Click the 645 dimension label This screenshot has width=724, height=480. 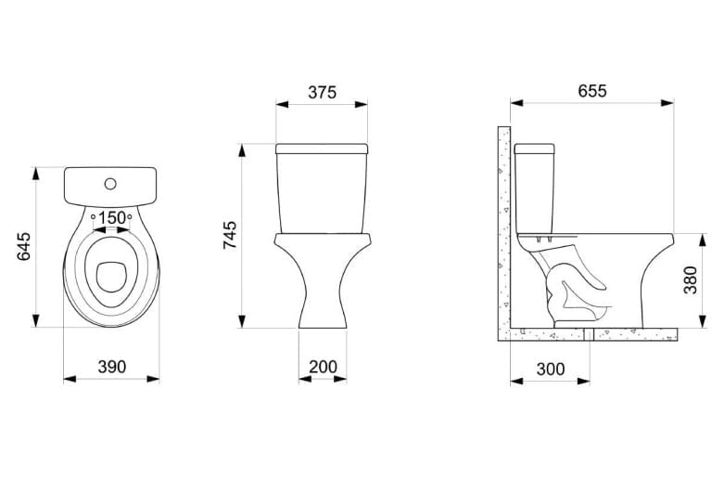[x=23, y=246]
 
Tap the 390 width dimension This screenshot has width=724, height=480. [x=112, y=367]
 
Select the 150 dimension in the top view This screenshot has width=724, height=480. [x=112, y=217]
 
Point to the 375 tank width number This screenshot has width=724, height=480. [x=323, y=93]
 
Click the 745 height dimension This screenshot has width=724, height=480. [x=230, y=235]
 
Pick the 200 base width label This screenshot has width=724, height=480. [x=324, y=367]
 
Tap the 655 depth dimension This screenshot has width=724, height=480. [x=592, y=91]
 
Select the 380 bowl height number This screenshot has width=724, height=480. [x=691, y=279]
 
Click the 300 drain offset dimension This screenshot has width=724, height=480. [x=551, y=369]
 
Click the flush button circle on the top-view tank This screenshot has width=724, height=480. [x=110, y=184]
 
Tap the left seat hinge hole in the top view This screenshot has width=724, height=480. [x=93, y=216]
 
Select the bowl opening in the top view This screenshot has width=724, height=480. [x=111, y=278]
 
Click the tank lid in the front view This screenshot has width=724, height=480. [x=322, y=149]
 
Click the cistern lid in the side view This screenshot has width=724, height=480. [x=534, y=149]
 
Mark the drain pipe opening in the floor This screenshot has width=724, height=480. [x=589, y=334]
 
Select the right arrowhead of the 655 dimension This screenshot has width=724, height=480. [x=667, y=103]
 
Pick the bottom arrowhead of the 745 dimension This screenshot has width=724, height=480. [x=241, y=321]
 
